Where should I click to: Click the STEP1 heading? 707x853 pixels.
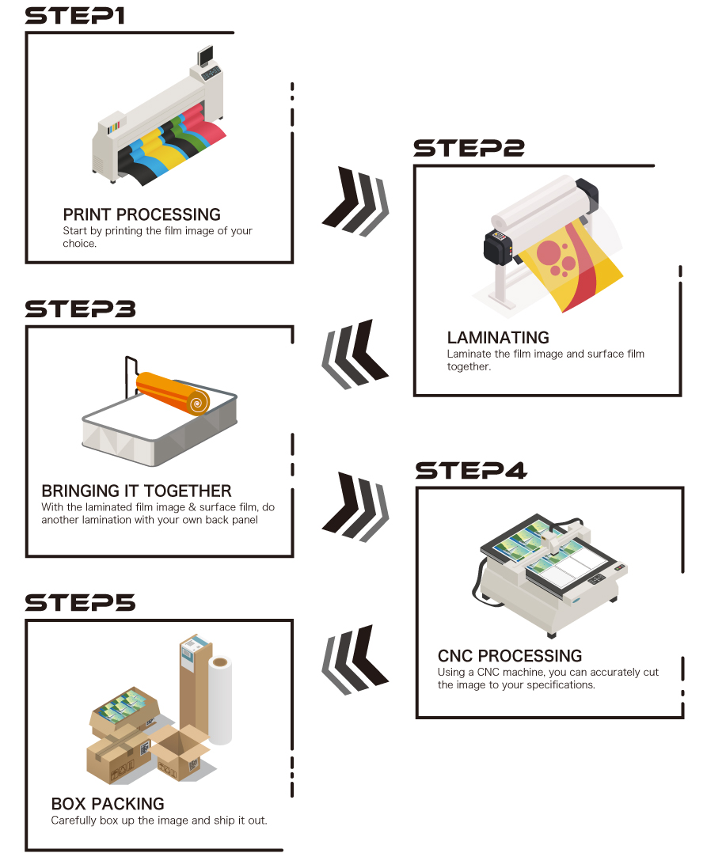click(75, 16)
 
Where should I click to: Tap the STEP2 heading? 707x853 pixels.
click(469, 148)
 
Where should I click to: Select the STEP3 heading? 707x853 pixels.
click(80, 309)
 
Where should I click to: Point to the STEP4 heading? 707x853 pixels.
click(471, 471)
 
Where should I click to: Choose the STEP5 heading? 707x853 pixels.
click(80, 603)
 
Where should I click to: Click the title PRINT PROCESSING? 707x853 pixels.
click(142, 214)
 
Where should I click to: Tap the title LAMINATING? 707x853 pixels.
click(498, 338)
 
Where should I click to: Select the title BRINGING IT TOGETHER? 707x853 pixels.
click(137, 491)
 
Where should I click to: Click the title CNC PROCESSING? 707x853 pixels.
click(509, 655)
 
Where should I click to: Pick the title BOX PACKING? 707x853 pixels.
click(108, 803)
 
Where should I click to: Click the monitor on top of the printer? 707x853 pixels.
click(205, 55)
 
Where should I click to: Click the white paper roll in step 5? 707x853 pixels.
click(220, 701)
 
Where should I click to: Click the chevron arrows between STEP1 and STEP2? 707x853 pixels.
click(355, 201)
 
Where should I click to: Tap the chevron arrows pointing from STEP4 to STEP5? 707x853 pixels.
click(355, 660)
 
